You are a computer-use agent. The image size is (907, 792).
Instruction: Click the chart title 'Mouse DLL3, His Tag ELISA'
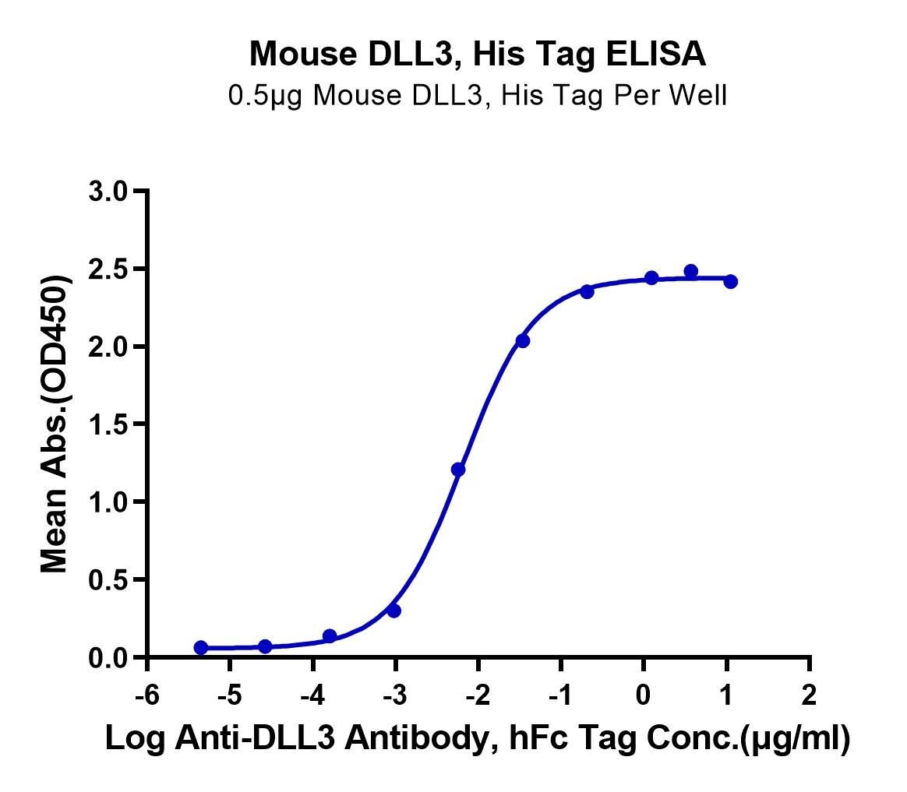click(478, 55)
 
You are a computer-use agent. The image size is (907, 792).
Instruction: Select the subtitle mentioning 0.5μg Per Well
click(478, 96)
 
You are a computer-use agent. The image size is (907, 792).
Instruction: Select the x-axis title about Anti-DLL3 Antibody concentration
click(478, 741)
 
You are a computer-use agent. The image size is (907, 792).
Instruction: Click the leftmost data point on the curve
click(201, 647)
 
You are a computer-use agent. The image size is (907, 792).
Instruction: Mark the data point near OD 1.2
click(458, 470)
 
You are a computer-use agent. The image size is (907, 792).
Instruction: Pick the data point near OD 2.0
click(523, 340)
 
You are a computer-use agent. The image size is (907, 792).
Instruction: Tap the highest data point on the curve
click(690, 271)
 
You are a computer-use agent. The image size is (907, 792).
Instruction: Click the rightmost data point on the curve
click(730, 281)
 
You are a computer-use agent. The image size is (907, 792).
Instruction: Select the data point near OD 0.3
click(394, 611)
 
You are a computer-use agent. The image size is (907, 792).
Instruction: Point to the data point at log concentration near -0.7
click(587, 291)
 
